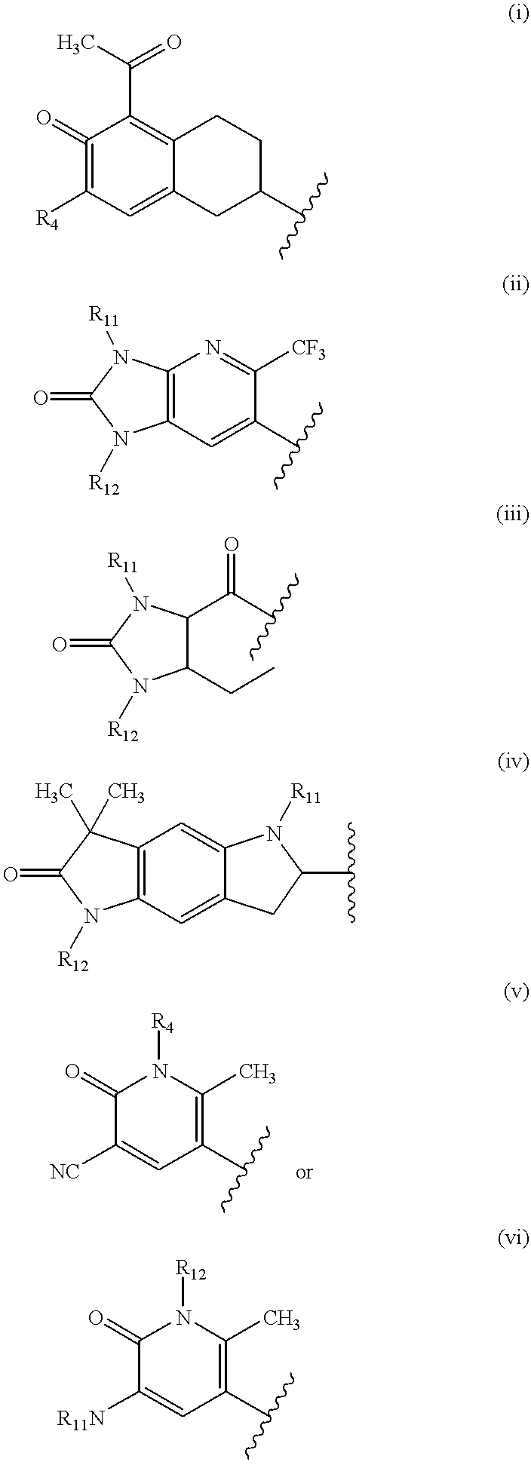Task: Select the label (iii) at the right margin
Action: tap(513, 514)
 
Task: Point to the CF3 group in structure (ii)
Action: tap(306, 353)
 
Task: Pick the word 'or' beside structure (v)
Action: tap(304, 1172)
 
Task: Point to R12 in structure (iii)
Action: tap(123, 730)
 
